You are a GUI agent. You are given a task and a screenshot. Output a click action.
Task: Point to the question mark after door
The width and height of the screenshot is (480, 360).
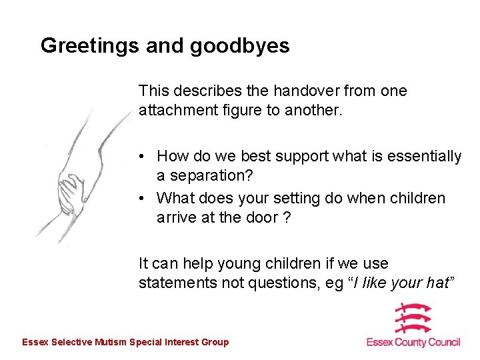[287, 218]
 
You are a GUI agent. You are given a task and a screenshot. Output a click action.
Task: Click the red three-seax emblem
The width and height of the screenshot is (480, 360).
[413, 318]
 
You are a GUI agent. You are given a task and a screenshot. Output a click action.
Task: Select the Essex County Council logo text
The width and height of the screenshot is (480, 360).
[413, 342]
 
